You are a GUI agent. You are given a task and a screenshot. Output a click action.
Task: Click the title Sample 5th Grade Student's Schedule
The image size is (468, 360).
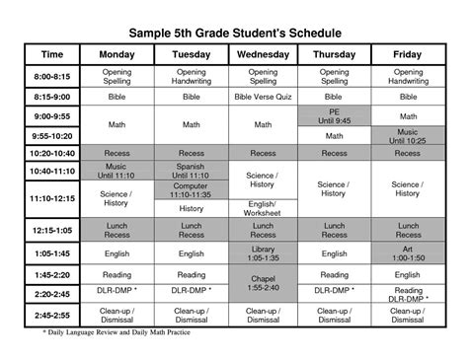pos(233,23)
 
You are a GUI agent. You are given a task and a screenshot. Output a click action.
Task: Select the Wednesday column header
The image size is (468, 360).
pos(263,54)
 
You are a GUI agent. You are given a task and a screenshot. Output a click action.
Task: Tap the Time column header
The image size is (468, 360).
pos(52,54)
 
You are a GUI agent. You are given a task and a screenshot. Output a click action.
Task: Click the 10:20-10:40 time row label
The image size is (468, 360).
pos(52,154)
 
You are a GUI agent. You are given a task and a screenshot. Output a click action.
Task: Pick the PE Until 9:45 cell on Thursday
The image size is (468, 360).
pos(335,116)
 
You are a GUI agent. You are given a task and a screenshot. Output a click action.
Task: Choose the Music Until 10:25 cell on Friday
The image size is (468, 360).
pos(407,136)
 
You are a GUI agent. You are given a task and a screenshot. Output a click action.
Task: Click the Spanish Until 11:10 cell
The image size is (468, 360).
pos(191,171)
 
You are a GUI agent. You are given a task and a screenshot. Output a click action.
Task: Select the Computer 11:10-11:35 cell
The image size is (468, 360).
pos(191,190)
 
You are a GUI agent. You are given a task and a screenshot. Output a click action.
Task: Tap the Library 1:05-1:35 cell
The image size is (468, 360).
pos(263,253)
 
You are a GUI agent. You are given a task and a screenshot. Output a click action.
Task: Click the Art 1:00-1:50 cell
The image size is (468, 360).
pos(407,253)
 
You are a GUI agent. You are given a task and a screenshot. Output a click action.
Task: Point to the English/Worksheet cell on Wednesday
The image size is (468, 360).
pos(263,208)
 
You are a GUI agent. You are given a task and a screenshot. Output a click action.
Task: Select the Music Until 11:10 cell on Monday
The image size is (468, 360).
pos(117,171)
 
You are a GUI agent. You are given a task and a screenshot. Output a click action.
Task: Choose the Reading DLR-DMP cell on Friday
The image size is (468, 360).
pos(407,294)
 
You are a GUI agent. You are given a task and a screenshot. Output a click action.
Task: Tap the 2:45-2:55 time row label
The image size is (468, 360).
pos(52,315)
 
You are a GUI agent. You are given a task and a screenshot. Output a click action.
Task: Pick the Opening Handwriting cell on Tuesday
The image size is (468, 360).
pos(191,77)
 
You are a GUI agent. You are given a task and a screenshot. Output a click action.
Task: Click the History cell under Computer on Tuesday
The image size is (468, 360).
pos(191,209)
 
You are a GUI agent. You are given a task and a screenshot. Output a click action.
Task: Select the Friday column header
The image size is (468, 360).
pos(407,54)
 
